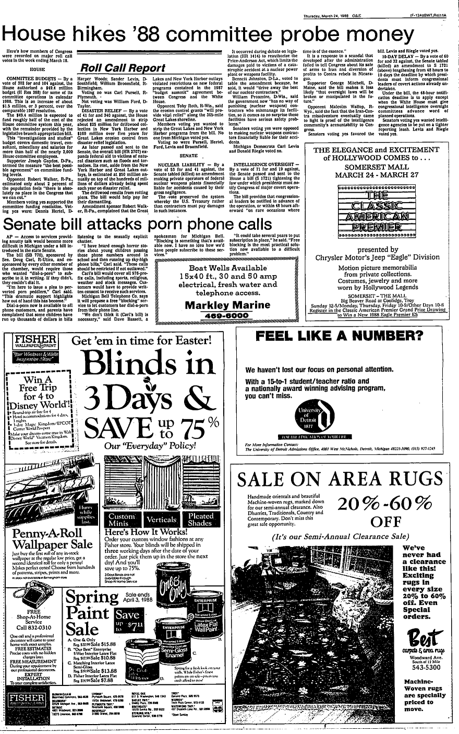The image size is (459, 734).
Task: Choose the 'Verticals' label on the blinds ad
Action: pos(161,520)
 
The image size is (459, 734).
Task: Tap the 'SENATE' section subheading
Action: pos(174,156)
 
